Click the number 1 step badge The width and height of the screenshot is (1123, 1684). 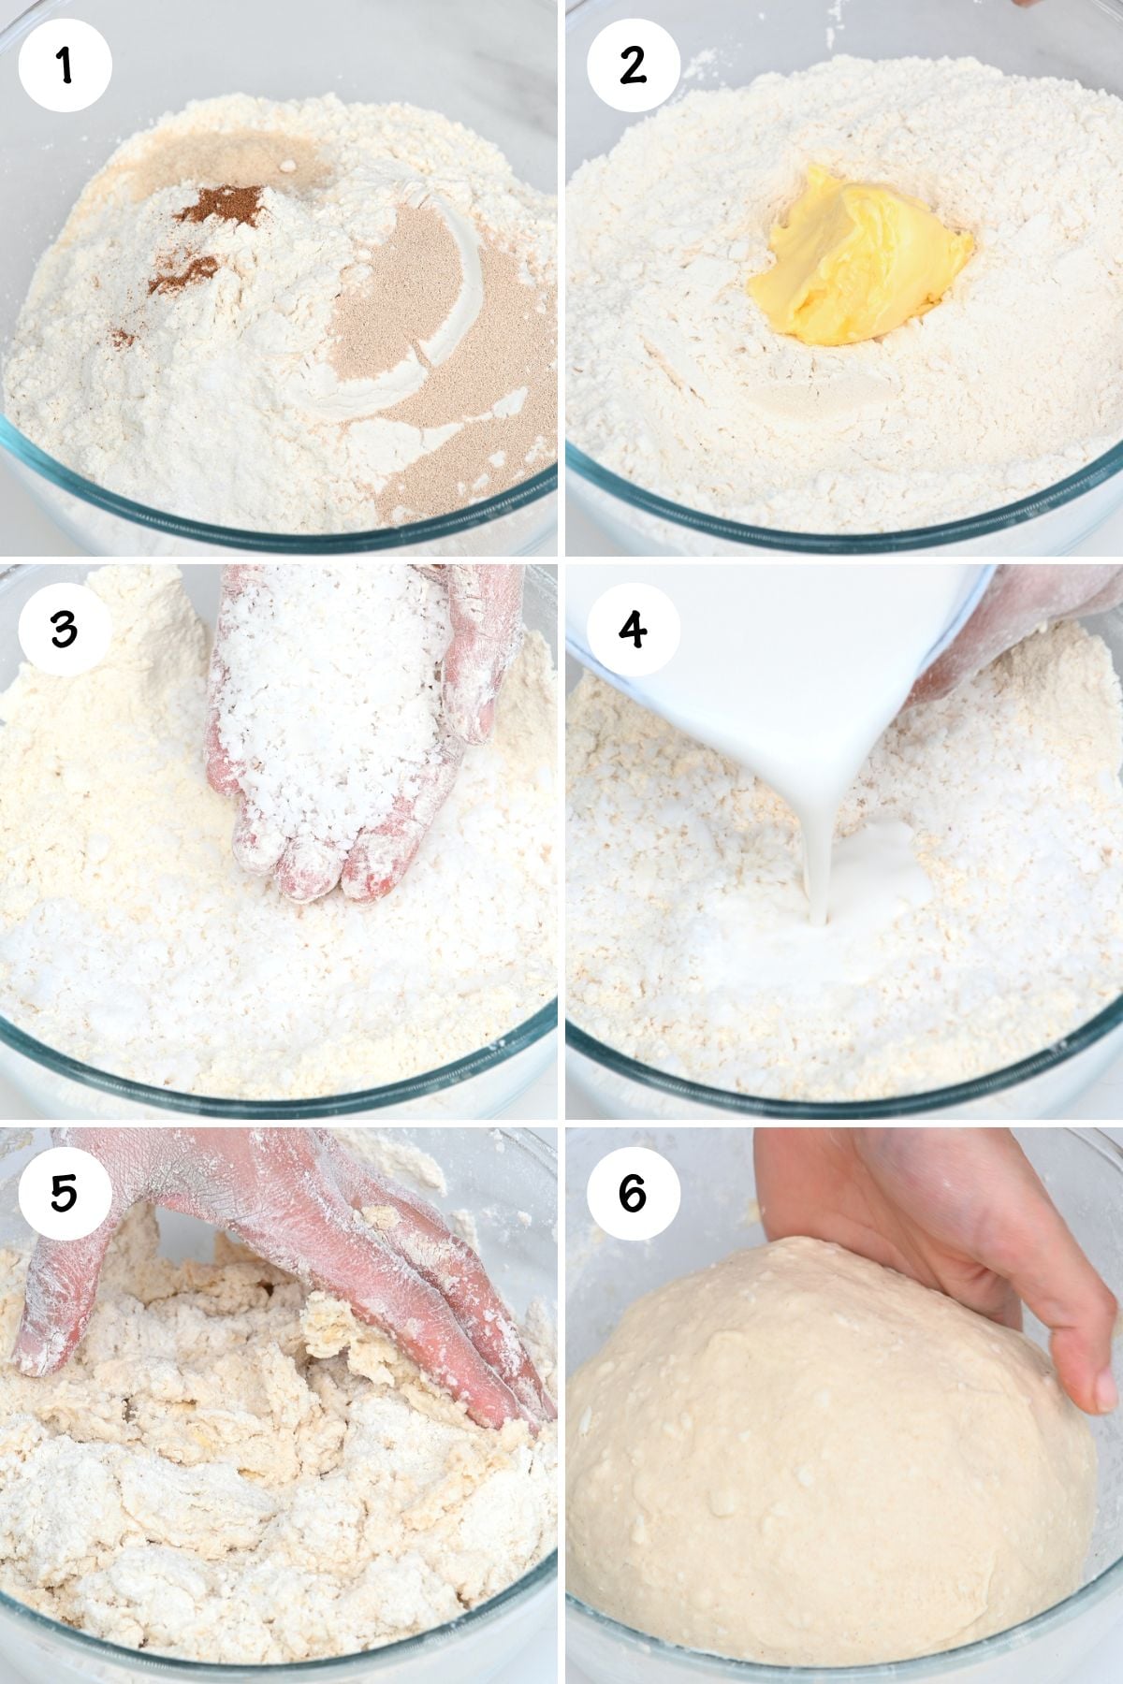65,65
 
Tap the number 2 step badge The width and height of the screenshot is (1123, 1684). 633,65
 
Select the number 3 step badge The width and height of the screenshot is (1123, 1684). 65,629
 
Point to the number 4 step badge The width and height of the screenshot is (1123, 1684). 633,629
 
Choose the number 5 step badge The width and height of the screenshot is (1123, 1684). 65,1194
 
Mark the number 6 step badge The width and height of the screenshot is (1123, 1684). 633,1194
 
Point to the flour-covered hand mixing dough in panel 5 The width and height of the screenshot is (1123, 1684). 309,1235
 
